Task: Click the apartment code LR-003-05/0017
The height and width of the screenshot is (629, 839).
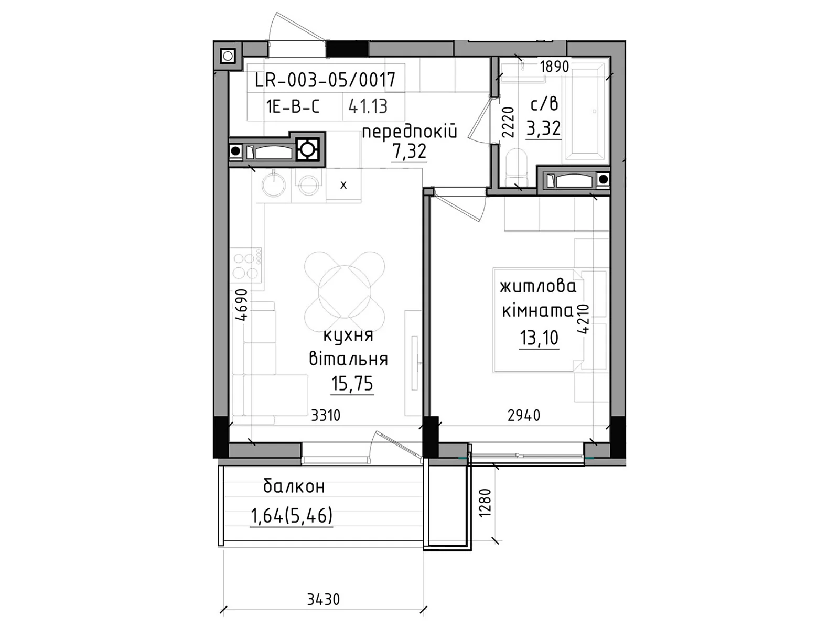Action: point(325,80)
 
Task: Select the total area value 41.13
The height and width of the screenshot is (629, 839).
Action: point(368,106)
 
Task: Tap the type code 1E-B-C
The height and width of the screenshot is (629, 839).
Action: point(293,106)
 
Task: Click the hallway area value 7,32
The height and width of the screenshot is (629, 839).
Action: point(410,151)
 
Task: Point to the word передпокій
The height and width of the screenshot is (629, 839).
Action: point(410,131)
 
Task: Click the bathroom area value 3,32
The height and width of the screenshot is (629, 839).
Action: point(543,128)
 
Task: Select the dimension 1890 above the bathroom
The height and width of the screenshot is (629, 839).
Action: point(554,67)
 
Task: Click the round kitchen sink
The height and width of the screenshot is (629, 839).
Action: point(273,183)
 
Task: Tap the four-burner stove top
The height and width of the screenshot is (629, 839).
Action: point(246,265)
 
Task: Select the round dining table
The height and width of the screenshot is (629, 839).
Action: point(345,290)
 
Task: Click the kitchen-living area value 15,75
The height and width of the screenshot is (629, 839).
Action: point(352,384)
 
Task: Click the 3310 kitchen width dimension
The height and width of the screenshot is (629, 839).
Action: point(326,416)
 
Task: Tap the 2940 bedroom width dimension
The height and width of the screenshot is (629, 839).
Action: point(524,416)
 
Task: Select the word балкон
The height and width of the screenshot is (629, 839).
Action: point(294,486)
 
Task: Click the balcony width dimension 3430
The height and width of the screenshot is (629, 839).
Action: point(324,599)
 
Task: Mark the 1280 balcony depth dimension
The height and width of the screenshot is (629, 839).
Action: point(486,503)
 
